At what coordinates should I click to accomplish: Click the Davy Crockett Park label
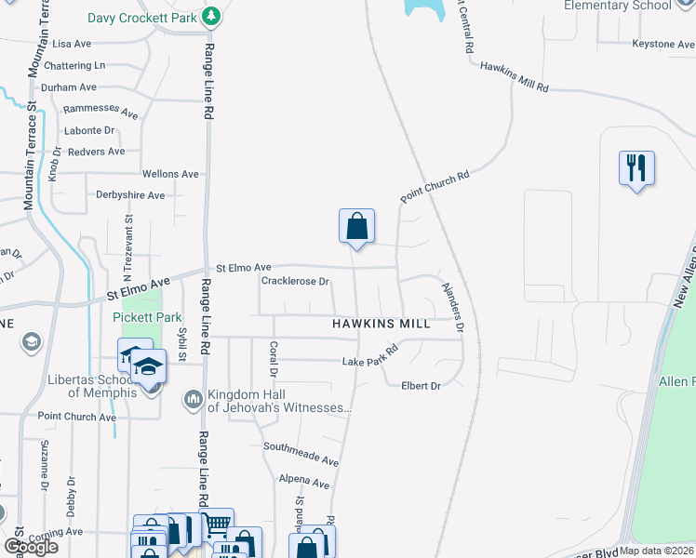click(x=144, y=18)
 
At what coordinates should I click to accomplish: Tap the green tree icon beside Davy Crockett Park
click(x=212, y=16)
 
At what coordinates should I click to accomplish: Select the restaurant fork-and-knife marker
click(x=636, y=168)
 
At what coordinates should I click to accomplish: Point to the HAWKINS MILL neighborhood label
click(x=381, y=324)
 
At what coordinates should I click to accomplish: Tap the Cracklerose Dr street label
click(x=296, y=281)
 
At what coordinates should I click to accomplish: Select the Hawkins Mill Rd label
click(x=515, y=76)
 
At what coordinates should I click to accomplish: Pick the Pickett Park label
click(x=147, y=316)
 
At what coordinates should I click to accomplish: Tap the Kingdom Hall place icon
click(x=194, y=399)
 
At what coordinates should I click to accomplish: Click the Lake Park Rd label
click(x=369, y=356)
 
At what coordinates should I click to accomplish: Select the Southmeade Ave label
click(x=300, y=454)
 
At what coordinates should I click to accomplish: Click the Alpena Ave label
click(x=304, y=484)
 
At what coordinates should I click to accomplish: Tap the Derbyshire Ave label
click(x=130, y=195)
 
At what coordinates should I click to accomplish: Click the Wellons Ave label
click(x=170, y=174)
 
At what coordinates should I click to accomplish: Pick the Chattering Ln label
click(x=74, y=66)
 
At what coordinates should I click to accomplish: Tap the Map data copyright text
click(x=655, y=551)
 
